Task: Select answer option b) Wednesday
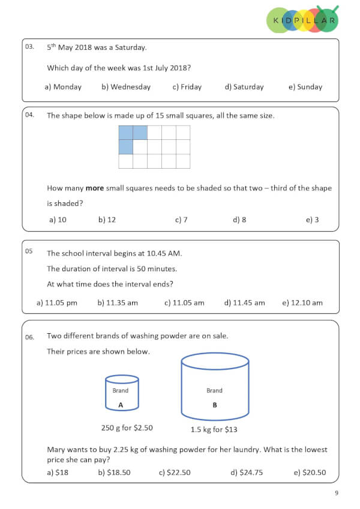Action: (126, 87)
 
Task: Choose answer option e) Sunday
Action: (305, 87)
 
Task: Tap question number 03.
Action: (30, 46)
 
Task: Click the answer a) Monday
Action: (63, 87)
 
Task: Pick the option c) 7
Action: (181, 220)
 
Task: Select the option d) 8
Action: (239, 220)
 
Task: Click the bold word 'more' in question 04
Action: (94, 188)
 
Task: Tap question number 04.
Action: (30, 115)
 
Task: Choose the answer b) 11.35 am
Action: (118, 303)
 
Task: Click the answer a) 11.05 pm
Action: (57, 303)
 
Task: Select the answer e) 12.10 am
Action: (302, 303)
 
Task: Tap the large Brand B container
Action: (214, 388)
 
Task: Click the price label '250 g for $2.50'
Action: (127, 428)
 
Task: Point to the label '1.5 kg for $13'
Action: (214, 429)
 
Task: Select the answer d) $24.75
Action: (247, 472)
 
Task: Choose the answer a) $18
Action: (58, 472)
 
